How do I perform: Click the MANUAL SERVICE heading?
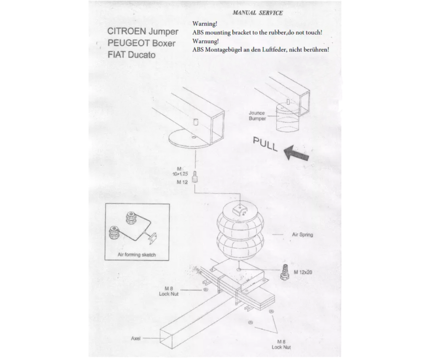(257, 13)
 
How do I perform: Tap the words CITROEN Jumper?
(143, 32)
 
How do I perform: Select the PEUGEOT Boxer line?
(141, 43)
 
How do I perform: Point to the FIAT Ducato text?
(131, 55)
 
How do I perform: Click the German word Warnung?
(205, 41)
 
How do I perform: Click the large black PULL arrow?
(296, 152)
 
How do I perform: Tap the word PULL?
(265, 144)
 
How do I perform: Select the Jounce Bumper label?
(257, 116)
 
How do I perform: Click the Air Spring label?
(302, 234)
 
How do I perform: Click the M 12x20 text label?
(303, 272)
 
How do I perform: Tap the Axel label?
(136, 339)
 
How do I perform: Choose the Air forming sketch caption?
(136, 255)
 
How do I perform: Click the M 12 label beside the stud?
(182, 182)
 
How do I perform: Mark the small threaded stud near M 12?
(195, 177)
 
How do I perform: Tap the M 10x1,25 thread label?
(180, 171)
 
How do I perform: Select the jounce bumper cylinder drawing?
(288, 117)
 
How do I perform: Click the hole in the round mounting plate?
(194, 137)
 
